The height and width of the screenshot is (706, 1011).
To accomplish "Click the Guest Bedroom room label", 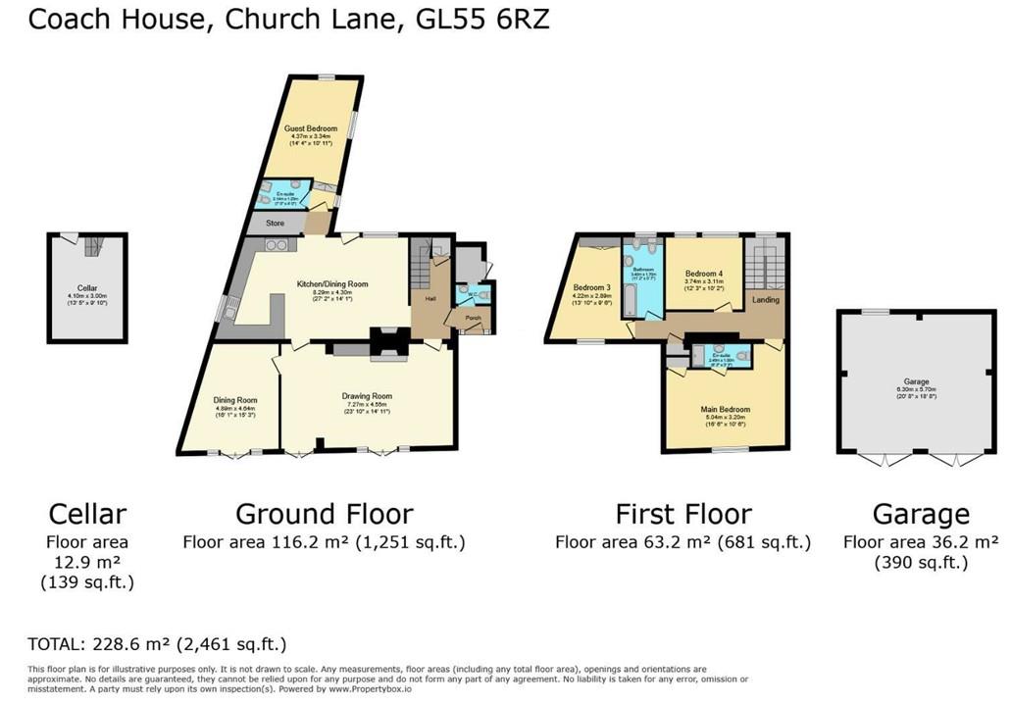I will point(311,128).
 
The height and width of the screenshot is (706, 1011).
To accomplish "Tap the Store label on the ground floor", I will point(275,224).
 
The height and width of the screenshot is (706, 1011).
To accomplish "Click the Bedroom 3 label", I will point(592,287).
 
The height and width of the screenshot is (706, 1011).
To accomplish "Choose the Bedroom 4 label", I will point(703,273).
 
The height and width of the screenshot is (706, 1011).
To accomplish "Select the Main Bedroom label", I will point(725,409).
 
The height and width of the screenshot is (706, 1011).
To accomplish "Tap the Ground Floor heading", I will point(324,514).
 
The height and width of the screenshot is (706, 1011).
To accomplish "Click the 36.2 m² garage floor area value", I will point(966,541).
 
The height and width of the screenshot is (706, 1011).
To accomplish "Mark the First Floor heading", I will point(682,514).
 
